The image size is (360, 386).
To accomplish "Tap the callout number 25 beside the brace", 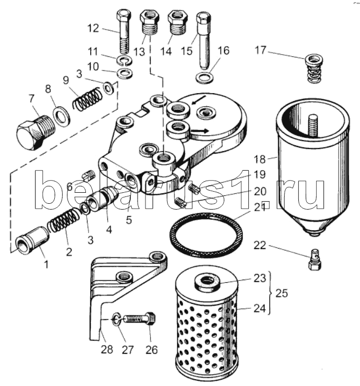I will [283, 294].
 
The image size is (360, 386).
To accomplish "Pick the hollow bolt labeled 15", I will [203, 39].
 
